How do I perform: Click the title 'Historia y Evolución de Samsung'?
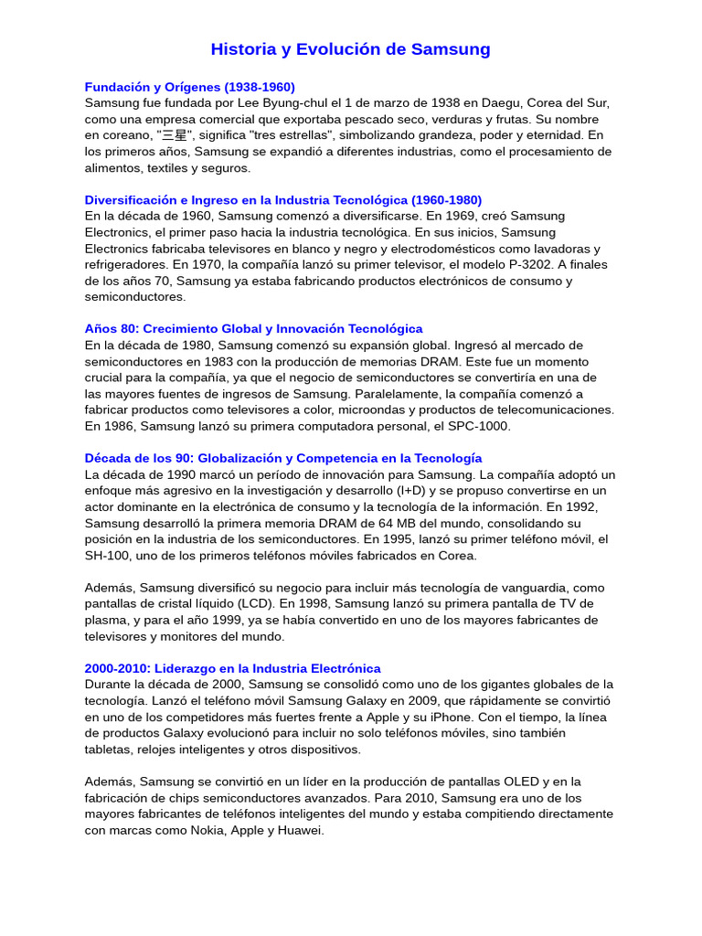350,49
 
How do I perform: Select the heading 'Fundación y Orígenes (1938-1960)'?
190,87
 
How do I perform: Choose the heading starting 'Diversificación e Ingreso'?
283,200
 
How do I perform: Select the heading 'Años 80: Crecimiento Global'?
254,329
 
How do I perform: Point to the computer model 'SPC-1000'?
481,426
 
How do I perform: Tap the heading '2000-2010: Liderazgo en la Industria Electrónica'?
233,669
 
